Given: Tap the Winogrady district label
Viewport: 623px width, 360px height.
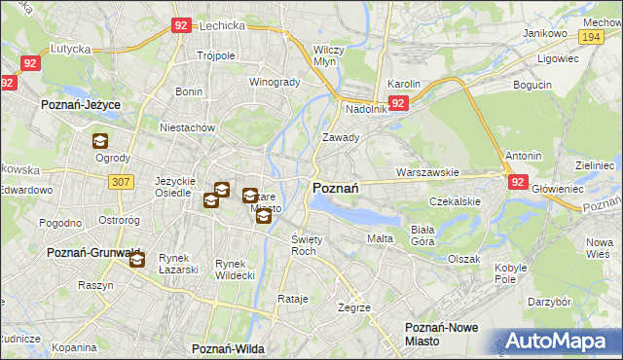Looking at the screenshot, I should (275, 82).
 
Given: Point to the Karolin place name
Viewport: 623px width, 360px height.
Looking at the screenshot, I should (403, 85).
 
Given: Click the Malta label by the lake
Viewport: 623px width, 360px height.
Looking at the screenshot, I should (379, 238).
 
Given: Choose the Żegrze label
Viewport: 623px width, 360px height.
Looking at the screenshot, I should (353, 306).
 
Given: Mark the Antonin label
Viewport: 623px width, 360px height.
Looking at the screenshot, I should (523, 156).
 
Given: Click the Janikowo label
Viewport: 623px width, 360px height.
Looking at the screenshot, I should (544, 32).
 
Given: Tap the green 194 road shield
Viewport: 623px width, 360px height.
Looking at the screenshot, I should (589, 36).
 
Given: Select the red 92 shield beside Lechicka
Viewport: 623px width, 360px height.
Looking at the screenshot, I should (180, 26).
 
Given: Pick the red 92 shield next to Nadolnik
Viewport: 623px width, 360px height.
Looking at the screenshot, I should (397, 102).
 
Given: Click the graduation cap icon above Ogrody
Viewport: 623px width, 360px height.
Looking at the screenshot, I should (100, 141).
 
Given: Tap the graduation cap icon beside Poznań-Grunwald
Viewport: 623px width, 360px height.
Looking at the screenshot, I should (137, 260).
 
